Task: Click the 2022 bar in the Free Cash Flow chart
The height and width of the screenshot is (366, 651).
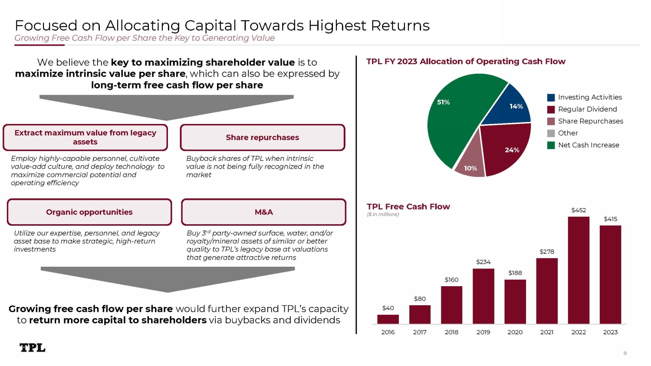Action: coord(579,270)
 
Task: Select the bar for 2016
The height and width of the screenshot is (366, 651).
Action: coord(388,319)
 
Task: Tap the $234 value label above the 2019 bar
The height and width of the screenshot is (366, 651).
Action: coord(483,262)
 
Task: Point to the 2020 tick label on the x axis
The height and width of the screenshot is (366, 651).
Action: coord(515,332)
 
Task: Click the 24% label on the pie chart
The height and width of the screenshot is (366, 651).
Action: coord(512,150)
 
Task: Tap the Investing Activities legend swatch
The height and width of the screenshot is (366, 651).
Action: coord(551,98)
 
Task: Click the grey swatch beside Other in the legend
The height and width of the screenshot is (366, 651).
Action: coord(551,133)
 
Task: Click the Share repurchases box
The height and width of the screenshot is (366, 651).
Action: coord(262,137)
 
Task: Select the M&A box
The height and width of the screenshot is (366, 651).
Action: coord(263,212)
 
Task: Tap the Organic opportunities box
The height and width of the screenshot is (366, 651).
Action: coord(89,212)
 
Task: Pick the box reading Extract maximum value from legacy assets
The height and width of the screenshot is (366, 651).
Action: coord(85,137)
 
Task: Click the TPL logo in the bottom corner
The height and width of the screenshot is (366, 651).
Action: coord(33,348)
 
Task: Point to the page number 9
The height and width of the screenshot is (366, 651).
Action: coord(625,353)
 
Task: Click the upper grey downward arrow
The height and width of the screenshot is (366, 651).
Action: coord(167,107)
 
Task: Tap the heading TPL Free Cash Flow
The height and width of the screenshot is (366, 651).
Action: coord(408,207)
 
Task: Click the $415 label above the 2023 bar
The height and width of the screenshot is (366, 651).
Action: coord(610,219)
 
